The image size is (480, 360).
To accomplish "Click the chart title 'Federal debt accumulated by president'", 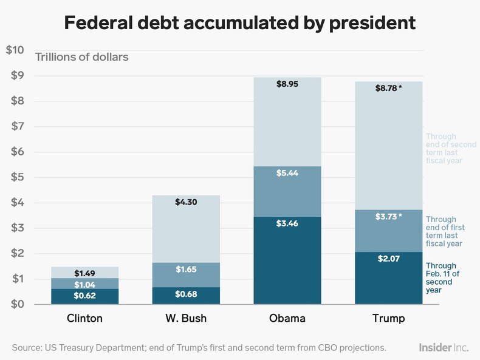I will (x=240, y=22).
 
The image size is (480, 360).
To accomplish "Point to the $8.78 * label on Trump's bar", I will (x=389, y=89).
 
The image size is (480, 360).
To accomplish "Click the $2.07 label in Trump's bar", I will (x=389, y=260).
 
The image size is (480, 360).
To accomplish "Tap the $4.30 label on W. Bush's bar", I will (x=186, y=203).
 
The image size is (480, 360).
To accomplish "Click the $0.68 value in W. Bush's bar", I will (x=186, y=295).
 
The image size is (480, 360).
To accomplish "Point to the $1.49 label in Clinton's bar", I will (x=84, y=273).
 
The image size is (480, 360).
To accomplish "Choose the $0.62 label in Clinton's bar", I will (x=84, y=296).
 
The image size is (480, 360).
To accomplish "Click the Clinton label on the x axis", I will (x=84, y=319).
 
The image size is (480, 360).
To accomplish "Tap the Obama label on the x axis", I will (x=287, y=319).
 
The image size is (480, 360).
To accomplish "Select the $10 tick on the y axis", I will (x=15, y=50).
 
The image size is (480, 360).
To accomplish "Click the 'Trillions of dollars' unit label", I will (x=81, y=58).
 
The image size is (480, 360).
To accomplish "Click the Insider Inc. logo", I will (x=443, y=347).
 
